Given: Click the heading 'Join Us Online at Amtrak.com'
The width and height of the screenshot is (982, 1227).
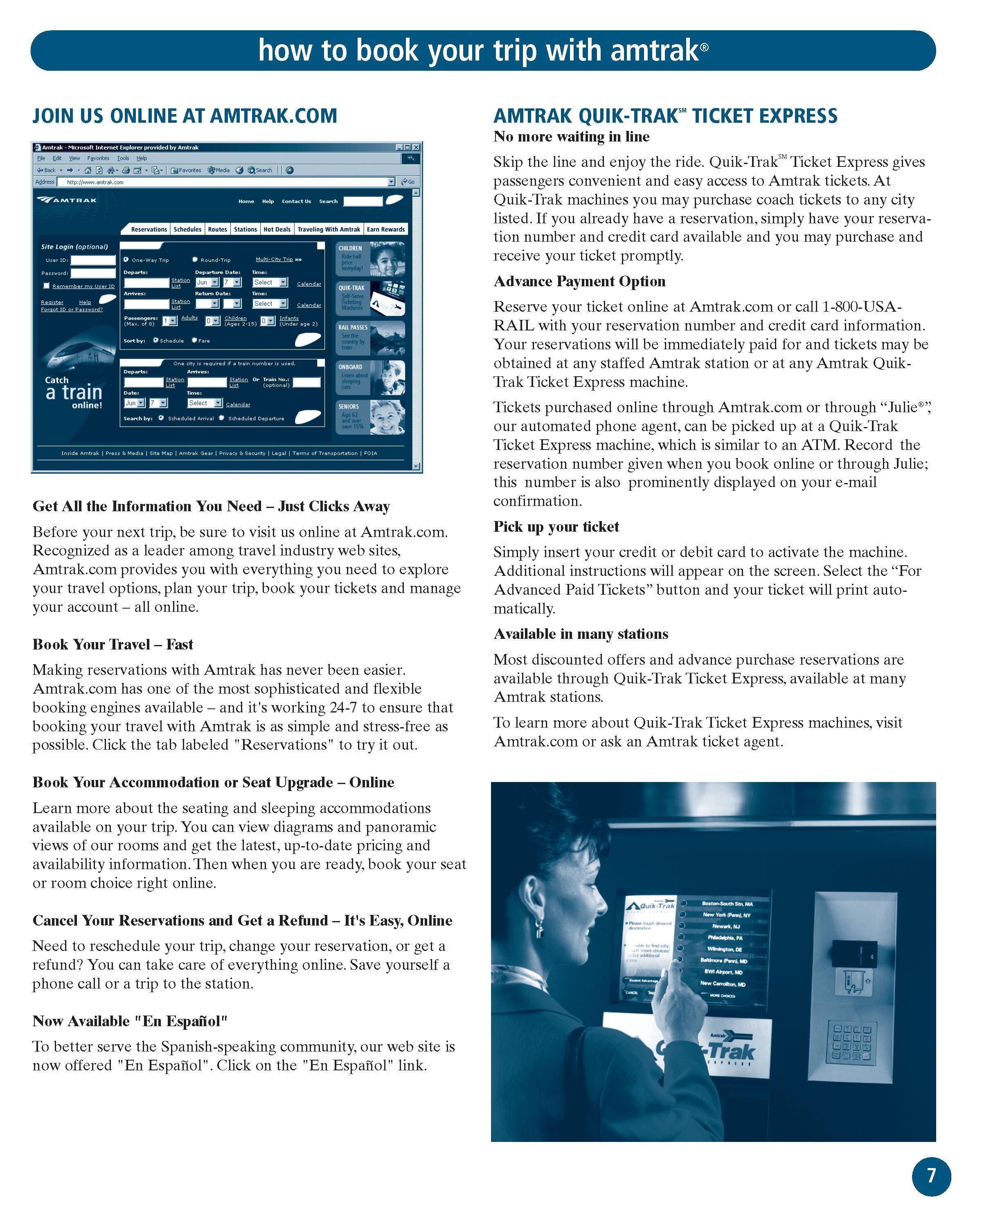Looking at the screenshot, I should (185, 116).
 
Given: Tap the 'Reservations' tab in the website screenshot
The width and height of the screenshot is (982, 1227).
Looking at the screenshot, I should (149, 229).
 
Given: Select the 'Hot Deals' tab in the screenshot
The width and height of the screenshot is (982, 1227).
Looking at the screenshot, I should (277, 229).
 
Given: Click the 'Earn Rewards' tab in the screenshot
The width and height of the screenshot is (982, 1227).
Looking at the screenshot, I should (385, 229).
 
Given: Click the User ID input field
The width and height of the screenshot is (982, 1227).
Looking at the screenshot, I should (93, 260).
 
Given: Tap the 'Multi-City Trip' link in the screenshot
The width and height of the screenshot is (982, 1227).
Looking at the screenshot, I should (275, 260).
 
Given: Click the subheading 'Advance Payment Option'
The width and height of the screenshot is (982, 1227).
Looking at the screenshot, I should (579, 282).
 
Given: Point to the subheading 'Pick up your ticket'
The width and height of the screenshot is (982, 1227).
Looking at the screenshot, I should (556, 526).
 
